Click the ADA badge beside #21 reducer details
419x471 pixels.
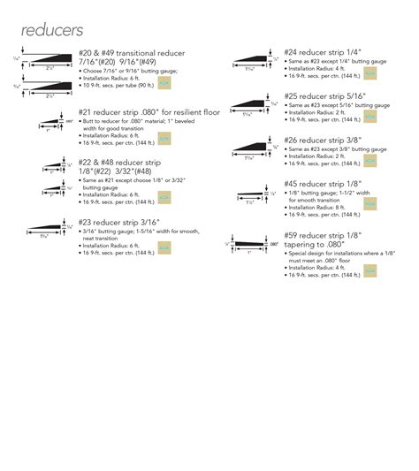(x=164, y=138)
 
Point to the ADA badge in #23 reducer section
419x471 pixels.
(x=164, y=250)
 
